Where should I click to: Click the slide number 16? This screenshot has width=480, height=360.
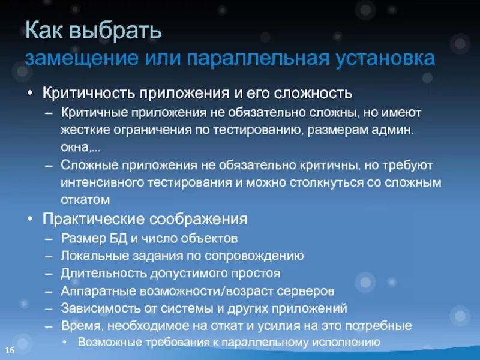[10, 350]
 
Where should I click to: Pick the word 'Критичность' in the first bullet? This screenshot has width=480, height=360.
[89, 94]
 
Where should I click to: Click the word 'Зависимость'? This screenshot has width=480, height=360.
[95, 308]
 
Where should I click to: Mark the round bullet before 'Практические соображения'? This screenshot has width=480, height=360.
[31, 219]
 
